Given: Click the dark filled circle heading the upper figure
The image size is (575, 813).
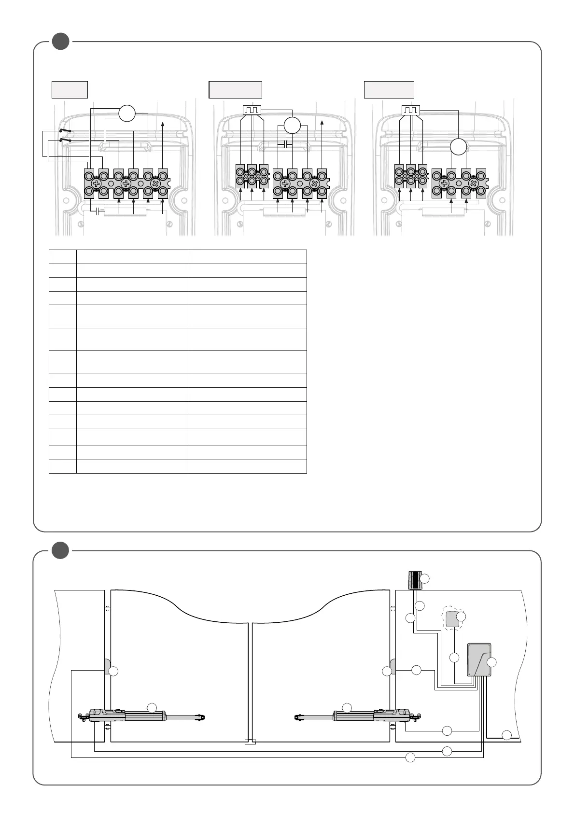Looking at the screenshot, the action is [60, 42].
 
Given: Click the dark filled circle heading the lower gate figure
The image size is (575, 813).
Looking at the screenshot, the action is [60, 550].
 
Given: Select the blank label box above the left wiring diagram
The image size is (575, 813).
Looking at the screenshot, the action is [70, 90].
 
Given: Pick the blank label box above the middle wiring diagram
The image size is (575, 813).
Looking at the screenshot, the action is [235, 90].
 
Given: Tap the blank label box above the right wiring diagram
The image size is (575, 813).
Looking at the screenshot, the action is [389, 90].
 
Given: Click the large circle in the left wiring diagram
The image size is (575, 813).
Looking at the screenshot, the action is [127, 113].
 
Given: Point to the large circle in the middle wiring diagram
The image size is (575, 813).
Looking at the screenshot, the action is [292, 126].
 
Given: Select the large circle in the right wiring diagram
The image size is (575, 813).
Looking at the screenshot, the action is [459, 147].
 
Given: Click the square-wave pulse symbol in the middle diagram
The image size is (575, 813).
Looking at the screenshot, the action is [252, 111].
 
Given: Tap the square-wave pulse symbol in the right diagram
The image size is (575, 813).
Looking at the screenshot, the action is [410, 111].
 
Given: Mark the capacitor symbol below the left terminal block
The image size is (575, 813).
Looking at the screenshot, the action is [98, 211].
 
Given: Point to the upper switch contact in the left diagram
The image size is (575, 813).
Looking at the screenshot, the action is [65, 131].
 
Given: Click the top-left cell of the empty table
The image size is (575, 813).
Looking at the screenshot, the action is [63, 257].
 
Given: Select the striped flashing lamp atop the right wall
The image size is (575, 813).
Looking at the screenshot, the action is [414, 580].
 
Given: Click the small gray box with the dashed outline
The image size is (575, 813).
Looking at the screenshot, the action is [452, 619].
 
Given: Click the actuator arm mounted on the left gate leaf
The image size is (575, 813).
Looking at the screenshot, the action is [145, 716].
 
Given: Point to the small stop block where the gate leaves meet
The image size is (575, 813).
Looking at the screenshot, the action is [250, 742].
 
